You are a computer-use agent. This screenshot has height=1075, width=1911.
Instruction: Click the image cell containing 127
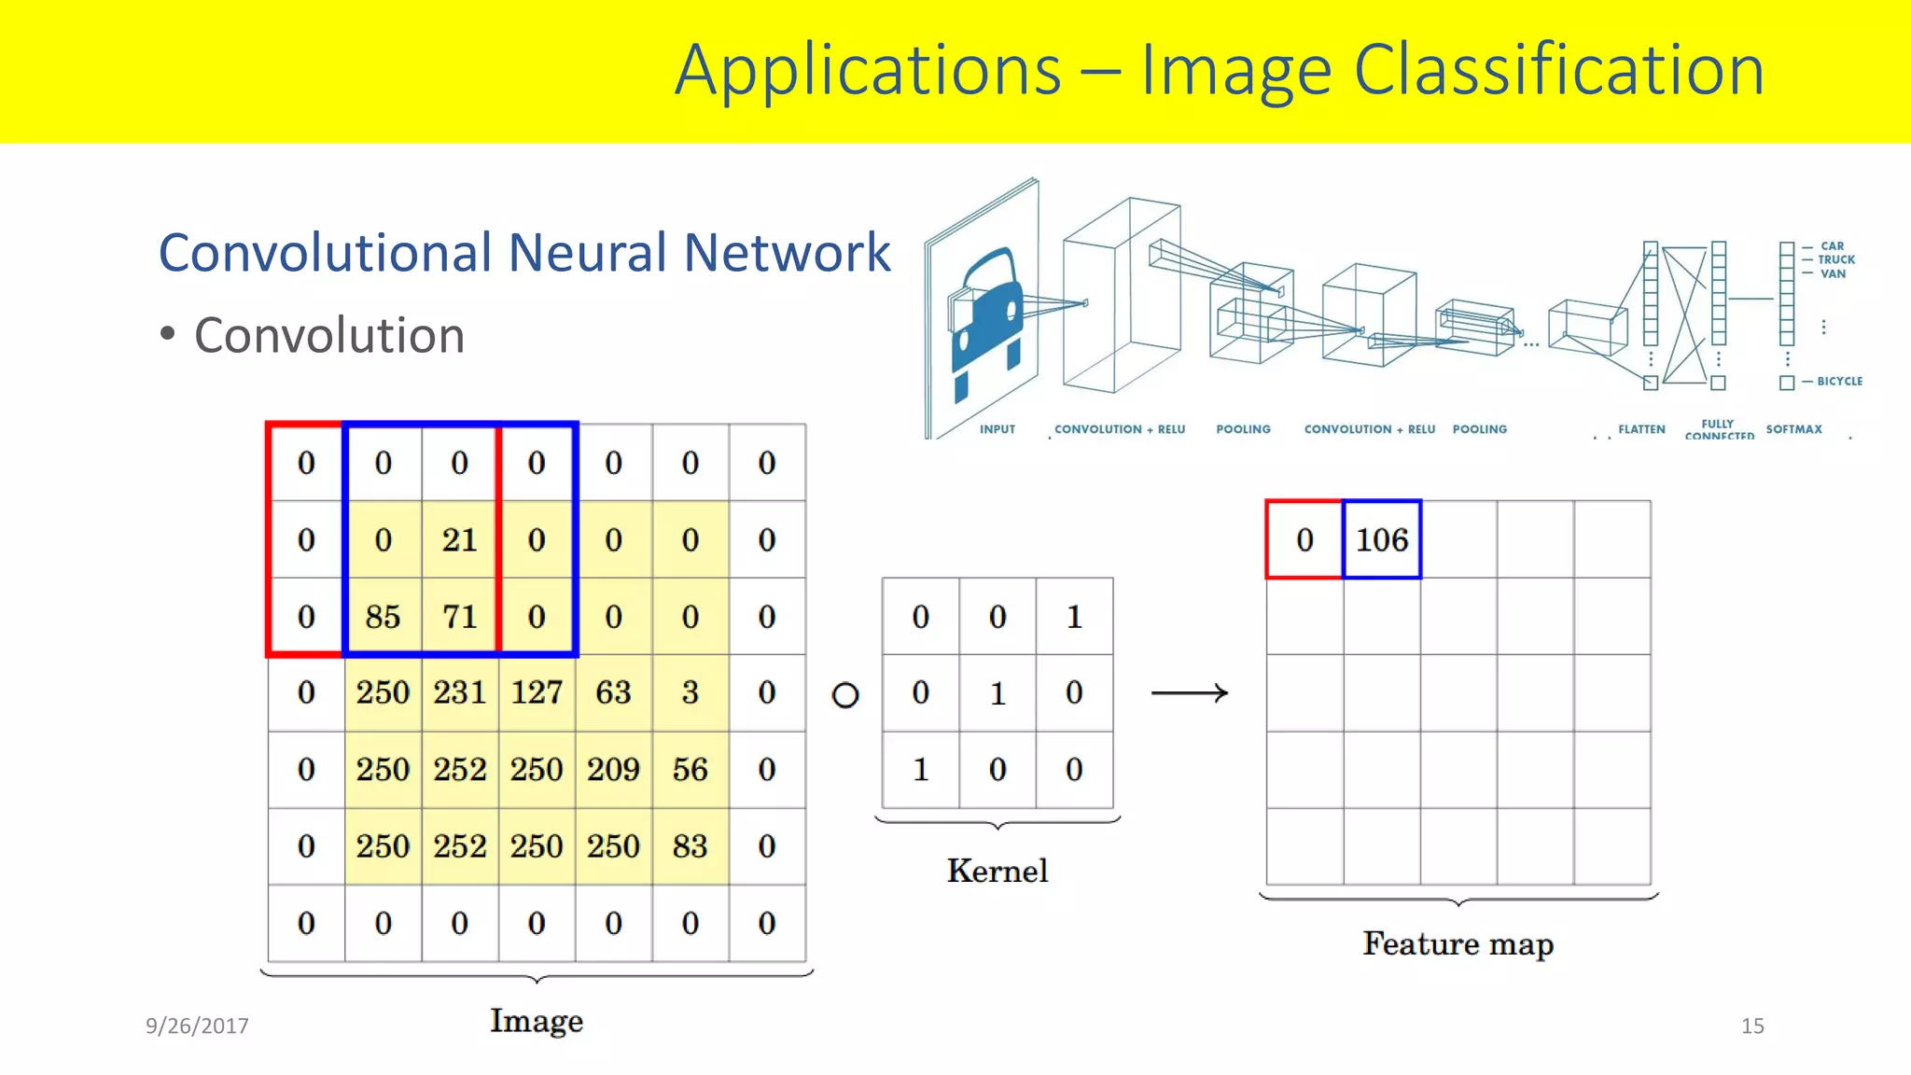pos(537,692)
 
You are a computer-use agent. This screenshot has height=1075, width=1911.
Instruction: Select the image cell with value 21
pos(459,539)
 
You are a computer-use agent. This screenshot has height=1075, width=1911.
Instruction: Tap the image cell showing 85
pos(383,617)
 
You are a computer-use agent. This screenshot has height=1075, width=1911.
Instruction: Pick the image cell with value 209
pos(613,770)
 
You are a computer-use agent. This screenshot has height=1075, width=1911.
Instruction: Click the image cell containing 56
pos(690,770)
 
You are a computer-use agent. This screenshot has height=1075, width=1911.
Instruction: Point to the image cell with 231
pos(459,692)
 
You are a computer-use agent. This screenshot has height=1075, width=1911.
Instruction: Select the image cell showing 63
pos(613,692)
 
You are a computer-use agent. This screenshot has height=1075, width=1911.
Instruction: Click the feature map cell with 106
pos(1382,539)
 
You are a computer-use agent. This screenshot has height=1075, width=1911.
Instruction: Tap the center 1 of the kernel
pos(997,693)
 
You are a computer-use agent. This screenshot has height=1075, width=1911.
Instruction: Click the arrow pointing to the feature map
pos(1190,692)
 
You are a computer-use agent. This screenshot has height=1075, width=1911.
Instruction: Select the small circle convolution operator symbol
pos(845,695)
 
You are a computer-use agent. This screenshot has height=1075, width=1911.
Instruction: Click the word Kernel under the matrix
pos(997,871)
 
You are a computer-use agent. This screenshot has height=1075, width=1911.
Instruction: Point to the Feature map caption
pos(1458,943)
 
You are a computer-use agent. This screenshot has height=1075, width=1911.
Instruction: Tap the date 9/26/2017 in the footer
pos(197,1026)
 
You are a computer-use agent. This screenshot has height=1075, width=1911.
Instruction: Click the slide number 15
pos(1752,1026)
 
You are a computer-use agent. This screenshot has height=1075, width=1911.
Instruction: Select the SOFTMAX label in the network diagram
pos(1793,429)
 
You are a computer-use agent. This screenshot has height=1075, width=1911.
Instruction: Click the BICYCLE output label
pos(1839,381)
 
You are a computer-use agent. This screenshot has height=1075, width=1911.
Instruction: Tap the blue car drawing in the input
pos(987,313)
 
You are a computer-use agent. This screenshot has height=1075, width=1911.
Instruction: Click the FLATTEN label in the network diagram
pos(1641,429)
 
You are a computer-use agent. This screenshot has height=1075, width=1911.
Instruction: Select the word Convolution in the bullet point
pos(329,335)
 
